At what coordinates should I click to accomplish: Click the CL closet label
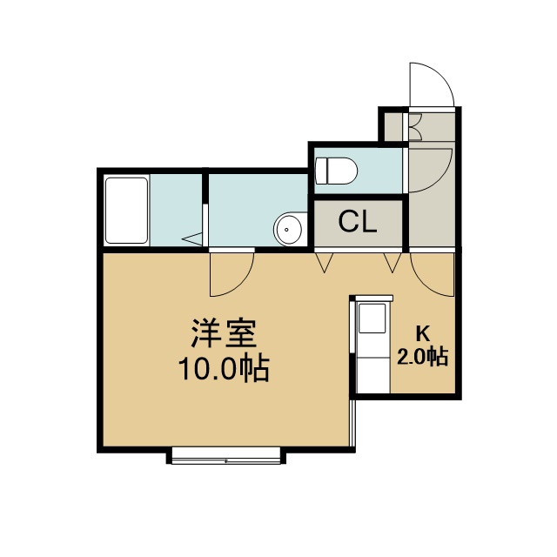pyautogui.click(x=357, y=222)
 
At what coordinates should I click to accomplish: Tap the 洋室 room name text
pyautogui.click(x=224, y=332)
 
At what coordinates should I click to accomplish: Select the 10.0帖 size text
pyautogui.click(x=224, y=369)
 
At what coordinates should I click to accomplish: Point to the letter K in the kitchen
pyautogui.click(x=423, y=333)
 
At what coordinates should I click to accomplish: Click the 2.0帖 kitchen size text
pyautogui.click(x=422, y=356)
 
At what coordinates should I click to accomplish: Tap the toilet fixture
pyautogui.click(x=336, y=171)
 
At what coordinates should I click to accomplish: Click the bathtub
pyautogui.click(x=126, y=211)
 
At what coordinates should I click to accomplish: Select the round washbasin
pyautogui.click(x=289, y=229)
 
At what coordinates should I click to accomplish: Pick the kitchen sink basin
pyautogui.click(x=372, y=318)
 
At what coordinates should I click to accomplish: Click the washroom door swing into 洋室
pyautogui.click(x=242, y=285)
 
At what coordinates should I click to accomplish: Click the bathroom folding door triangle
pyautogui.click(x=193, y=238)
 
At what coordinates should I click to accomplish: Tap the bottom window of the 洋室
pyautogui.click(x=226, y=456)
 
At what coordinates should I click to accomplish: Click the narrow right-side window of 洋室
pyautogui.click(x=352, y=423)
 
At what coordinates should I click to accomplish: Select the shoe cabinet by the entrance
pyautogui.click(x=415, y=126)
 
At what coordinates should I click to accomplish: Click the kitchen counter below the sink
pyautogui.click(x=372, y=375)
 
